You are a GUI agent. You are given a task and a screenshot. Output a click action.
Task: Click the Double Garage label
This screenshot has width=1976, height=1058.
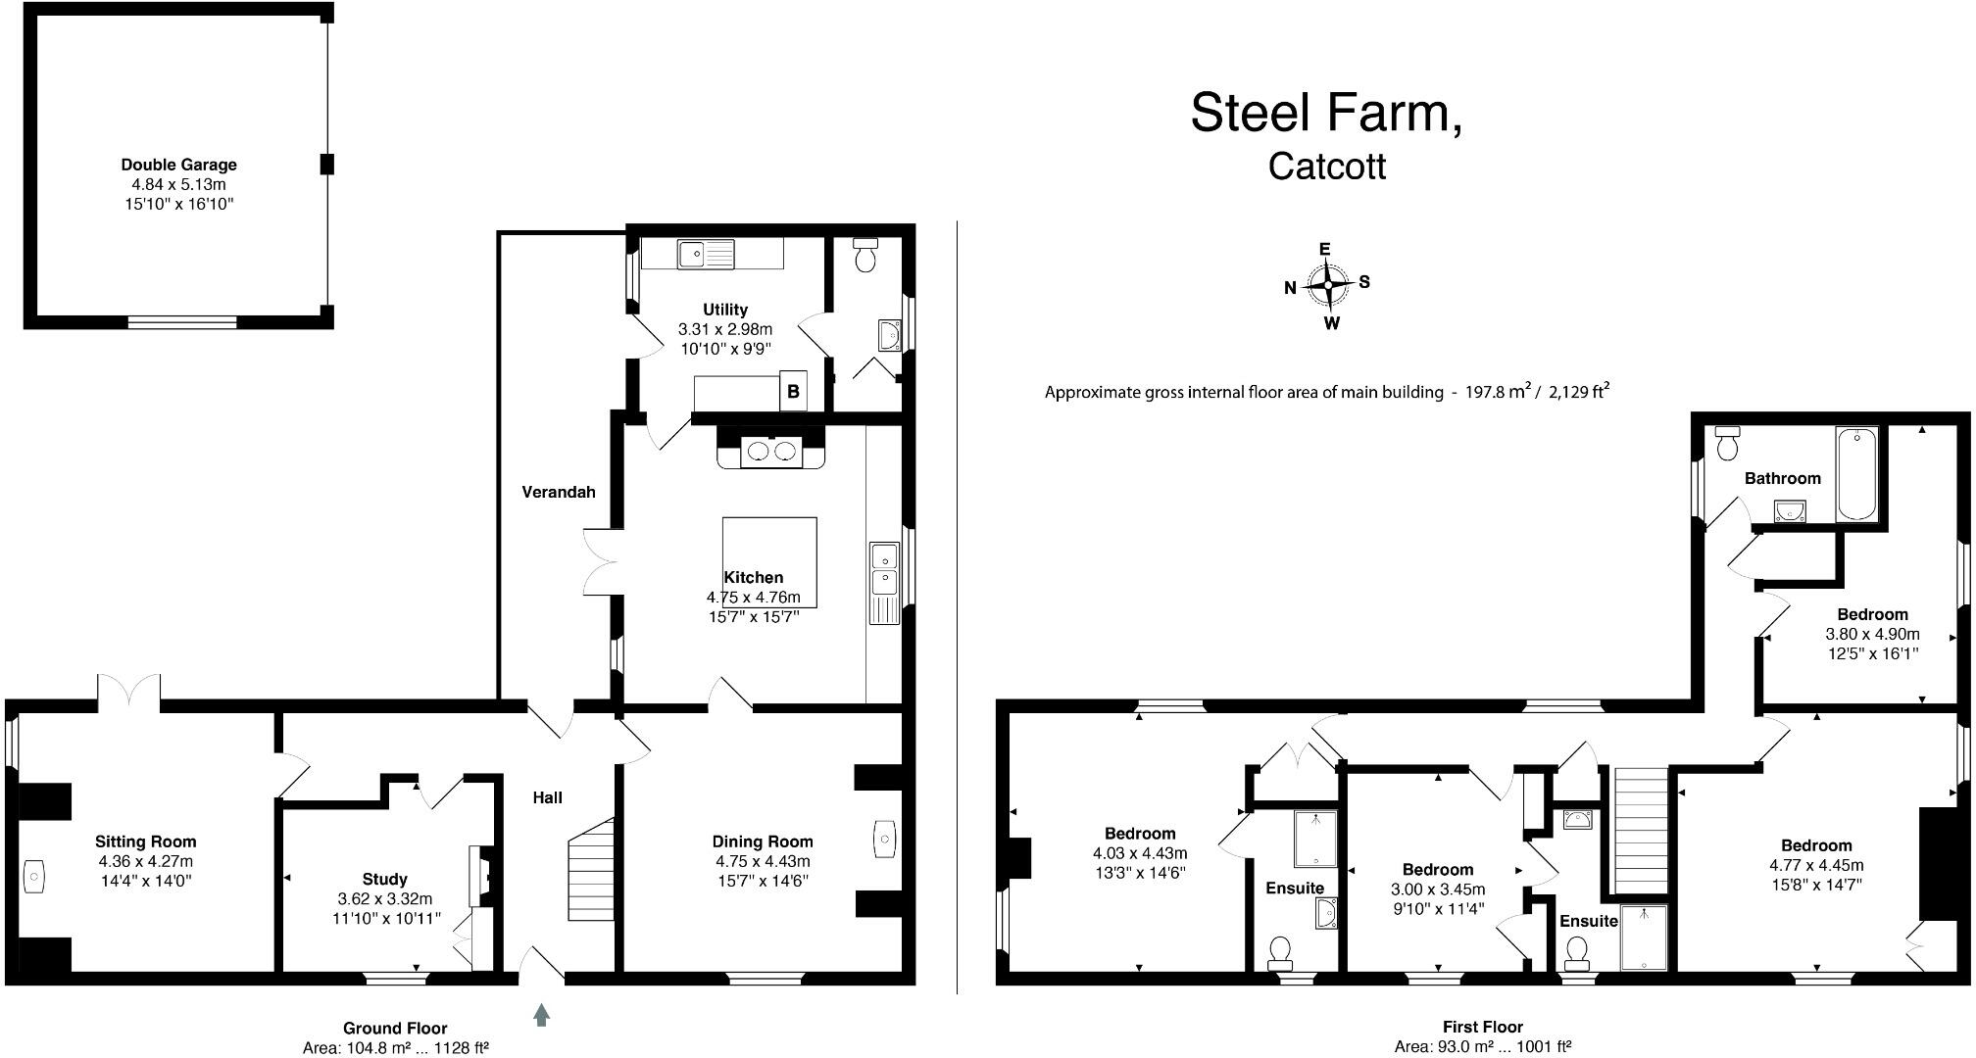click(x=179, y=165)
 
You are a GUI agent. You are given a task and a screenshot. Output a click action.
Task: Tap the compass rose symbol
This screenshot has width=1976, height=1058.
click(x=1328, y=285)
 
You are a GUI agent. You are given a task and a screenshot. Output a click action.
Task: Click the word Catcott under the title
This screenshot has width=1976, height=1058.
click(x=1327, y=166)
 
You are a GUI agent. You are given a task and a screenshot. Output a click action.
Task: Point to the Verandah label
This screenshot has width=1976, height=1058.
click(x=559, y=492)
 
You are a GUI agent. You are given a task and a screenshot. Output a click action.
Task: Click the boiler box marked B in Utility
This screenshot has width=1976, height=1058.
click(x=793, y=391)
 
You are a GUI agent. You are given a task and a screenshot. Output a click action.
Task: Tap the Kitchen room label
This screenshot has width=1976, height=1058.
click(x=754, y=578)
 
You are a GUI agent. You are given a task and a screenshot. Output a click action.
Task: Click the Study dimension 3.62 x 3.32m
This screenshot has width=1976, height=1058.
click(x=385, y=898)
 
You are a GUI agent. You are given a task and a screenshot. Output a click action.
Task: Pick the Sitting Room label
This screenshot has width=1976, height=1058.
click(x=146, y=842)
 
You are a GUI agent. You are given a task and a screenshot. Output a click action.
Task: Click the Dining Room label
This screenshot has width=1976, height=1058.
click(x=763, y=842)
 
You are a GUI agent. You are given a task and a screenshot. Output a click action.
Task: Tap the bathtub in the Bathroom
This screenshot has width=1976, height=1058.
click(x=1856, y=473)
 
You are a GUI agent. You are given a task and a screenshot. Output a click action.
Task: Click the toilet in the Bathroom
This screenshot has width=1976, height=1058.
click(x=1727, y=444)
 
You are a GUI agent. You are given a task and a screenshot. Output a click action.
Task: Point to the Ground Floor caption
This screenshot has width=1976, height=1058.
click(x=395, y=1028)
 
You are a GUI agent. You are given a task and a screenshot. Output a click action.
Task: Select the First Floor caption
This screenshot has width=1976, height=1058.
click(x=1483, y=1027)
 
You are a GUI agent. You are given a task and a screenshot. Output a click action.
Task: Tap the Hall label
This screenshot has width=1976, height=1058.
click(x=548, y=797)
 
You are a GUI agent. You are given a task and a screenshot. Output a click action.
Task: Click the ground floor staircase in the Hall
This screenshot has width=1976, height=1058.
click(x=591, y=869)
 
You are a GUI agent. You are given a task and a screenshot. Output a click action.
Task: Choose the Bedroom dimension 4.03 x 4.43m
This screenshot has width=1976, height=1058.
click(x=1140, y=853)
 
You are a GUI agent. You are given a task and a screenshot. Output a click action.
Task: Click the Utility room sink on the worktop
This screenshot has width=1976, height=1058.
click(x=706, y=254)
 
